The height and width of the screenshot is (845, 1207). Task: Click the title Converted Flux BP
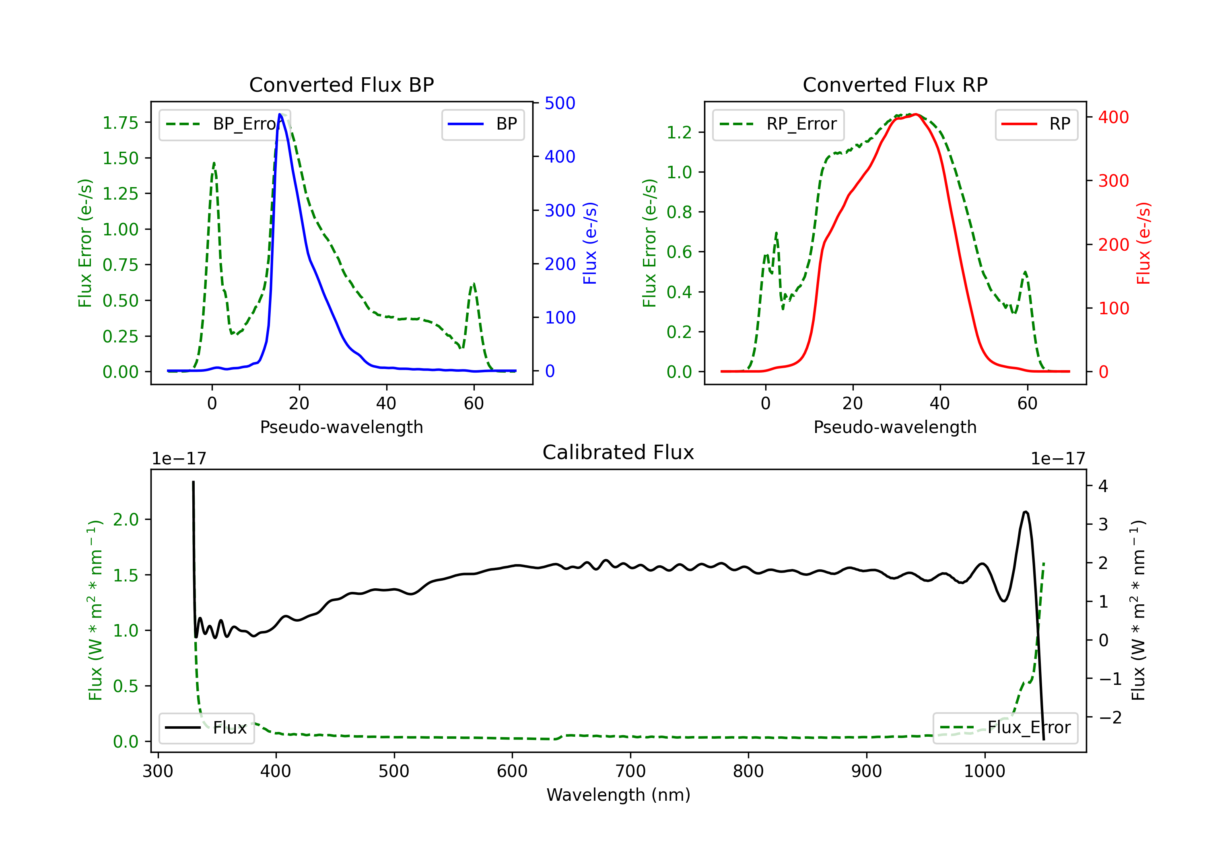tap(341, 84)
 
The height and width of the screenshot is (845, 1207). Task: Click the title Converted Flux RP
tap(895, 84)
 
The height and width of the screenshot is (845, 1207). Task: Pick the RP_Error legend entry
tap(778, 124)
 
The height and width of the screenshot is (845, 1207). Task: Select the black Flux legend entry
tap(207, 728)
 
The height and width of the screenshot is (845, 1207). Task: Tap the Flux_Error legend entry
tap(1005, 728)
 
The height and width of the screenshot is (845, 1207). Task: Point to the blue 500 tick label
tap(560, 103)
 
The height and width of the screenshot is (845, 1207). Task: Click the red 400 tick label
tap(1113, 117)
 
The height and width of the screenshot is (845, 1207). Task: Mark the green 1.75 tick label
tap(120, 123)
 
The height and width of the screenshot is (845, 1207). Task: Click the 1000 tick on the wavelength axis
tap(984, 771)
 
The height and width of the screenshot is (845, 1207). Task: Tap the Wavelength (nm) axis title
tap(618, 795)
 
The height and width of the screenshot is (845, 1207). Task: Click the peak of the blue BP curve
tap(280, 114)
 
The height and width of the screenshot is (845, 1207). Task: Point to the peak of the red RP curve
tap(915, 114)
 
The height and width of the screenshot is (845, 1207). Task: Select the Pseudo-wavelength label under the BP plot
tap(341, 427)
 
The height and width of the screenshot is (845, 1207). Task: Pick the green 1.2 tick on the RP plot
tap(679, 132)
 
